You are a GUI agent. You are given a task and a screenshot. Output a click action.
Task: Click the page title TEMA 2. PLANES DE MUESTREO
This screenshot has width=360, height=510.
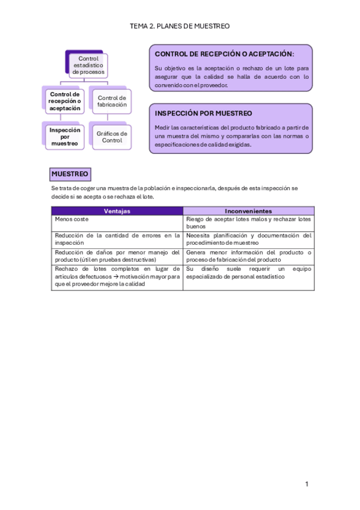[x=180, y=26]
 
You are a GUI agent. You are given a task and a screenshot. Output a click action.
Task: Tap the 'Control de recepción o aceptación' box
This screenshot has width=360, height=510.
[x=65, y=102]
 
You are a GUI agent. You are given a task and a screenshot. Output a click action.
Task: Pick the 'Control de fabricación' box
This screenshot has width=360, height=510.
[x=112, y=101]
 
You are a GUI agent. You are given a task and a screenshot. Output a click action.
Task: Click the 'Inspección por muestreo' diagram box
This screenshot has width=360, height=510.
[x=65, y=137]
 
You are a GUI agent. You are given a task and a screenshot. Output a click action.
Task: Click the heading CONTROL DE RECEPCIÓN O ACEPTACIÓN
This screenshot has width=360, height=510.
[x=224, y=55]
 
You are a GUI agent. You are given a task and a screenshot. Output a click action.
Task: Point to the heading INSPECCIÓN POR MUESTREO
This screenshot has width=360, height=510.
[x=203, y=113]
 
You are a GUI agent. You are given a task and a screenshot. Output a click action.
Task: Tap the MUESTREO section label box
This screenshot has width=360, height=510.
[x=70, y=174]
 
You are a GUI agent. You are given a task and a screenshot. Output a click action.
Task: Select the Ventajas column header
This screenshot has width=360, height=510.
[x=117, y=211]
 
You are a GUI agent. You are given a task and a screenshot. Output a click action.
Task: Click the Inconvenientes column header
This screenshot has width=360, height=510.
[x=248, y=211]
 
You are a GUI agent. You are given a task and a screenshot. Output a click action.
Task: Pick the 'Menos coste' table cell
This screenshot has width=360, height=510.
[x=117, y=220]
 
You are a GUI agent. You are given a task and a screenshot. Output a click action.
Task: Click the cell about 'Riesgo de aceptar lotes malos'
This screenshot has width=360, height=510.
[x=248, y=223]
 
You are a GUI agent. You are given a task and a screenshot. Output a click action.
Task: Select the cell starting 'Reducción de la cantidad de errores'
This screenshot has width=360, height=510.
[x=117, y=239]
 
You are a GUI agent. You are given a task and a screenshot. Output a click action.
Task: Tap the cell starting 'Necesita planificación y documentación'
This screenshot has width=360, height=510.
[x=248, y=239]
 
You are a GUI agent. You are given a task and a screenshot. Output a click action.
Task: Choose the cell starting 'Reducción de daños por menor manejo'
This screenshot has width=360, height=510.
[x=117, y=256]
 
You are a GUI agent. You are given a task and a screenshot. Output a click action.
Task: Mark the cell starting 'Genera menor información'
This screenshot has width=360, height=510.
[x=248, y=256]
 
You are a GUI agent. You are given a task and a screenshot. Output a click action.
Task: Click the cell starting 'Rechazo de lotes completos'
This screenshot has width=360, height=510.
[x=117, y=277]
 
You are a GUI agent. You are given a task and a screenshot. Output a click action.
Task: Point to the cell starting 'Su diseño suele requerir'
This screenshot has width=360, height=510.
[x=248, y=273]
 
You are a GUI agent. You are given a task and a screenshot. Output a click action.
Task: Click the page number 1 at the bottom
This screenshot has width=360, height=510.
[x=307, y=484]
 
